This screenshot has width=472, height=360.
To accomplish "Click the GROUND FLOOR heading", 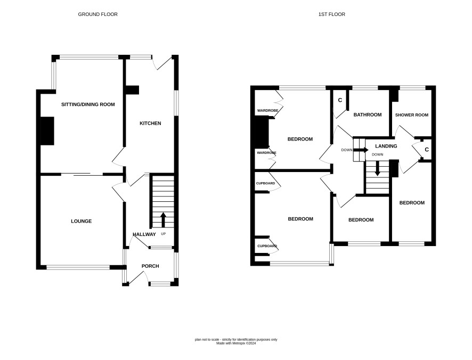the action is click(x=98, y=14).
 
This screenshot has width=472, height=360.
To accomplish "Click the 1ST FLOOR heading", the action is click(x=332, y=14).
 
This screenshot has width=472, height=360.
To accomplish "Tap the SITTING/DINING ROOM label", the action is click(x=88, y=104).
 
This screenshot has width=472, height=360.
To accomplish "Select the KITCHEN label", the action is click(x=150, y=123).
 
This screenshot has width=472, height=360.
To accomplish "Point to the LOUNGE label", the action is click(x=82, y=221).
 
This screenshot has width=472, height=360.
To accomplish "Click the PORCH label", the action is click(x=150, y=266).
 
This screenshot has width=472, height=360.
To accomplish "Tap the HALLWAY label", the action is click(x=144, y=234).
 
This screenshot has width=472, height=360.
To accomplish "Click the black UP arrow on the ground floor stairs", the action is click(x=163, y=220).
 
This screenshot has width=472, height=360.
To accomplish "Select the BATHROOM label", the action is click(x=368, y=114).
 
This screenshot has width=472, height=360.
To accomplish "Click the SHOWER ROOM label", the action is click(x=411, y=115).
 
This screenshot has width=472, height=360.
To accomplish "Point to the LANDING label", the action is click(x=386, y=146).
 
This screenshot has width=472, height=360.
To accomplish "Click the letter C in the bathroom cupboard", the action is click(x=340, y=100).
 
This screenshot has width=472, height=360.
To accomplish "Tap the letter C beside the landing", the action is click(x=427, y=150).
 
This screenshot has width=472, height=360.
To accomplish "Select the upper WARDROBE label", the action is click(x=267, y=110).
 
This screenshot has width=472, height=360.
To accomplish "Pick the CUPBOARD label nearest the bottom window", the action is click(x=267, y=246).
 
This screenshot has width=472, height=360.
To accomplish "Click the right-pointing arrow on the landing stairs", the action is click(x=361, y=150).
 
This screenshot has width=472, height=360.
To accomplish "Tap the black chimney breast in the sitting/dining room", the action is click(x=47, y=131).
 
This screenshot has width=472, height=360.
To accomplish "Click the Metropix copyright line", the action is click(x=236, y=343).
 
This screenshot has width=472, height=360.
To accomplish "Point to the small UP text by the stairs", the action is click(x=164, y=234).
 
